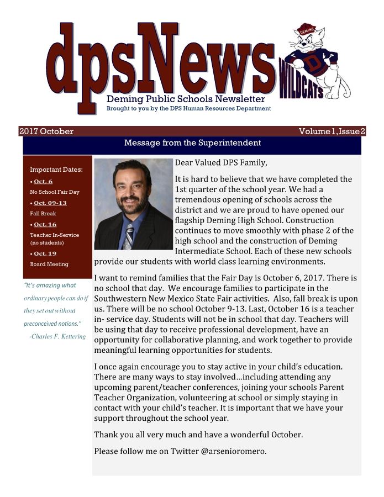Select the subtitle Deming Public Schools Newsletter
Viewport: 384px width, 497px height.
point(186,99)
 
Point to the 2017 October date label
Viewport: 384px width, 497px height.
point(46,131)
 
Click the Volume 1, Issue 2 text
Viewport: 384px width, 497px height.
point(332,131)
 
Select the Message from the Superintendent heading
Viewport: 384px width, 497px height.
point(192,143)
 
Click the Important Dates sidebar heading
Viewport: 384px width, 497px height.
point(56,170)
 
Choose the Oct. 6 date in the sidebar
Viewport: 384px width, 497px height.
point(43,181)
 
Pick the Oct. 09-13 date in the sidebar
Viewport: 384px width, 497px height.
point(50,203)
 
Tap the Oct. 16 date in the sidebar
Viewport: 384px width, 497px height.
point(45,224)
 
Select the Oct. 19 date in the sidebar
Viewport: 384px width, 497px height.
point(45,253)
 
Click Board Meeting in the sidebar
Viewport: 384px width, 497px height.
point(49,264)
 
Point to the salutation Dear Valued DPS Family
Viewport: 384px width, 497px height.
point(220,163)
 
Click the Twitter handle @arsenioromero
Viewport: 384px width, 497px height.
point(233,451)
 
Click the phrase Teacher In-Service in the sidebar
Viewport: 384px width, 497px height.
point(54,235)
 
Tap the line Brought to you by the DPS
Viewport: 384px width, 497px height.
point(188,109)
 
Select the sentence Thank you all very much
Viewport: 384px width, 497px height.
point(198,435)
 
